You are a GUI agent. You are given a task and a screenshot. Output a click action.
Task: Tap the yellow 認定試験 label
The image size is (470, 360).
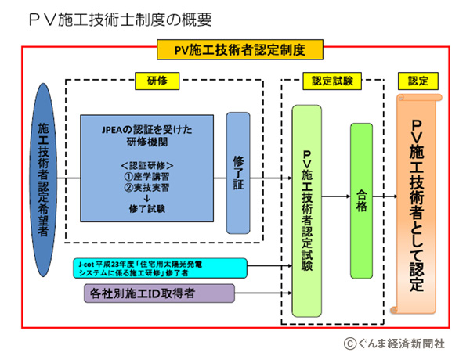pos(332,80)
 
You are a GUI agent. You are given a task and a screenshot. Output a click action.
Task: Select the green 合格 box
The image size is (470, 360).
pos(361,200)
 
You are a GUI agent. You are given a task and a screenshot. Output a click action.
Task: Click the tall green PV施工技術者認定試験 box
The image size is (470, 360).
pos(307,211)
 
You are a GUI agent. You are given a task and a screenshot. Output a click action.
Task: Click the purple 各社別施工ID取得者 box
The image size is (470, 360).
pos(157,293)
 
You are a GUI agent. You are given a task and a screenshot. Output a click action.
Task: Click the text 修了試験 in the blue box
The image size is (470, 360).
pos(146,211)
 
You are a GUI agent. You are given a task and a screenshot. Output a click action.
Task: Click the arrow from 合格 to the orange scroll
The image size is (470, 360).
pos(385,198)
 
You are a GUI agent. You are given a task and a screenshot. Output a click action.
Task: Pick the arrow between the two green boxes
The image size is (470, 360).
pos(336,198)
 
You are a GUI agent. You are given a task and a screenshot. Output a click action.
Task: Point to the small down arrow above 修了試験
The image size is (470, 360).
pos(146,199)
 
